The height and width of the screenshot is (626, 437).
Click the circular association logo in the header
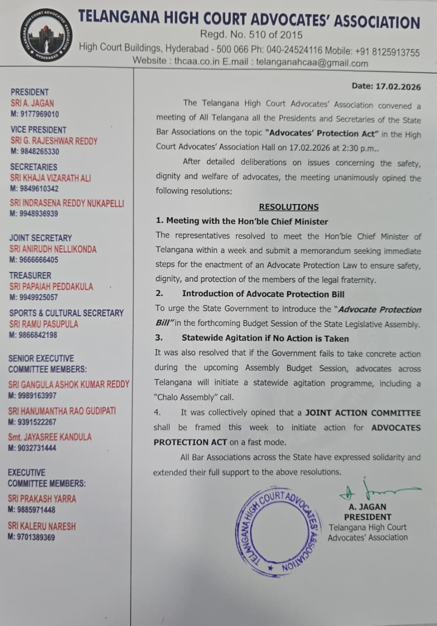coord(46,35)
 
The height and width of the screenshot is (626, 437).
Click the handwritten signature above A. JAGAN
coord(377,490)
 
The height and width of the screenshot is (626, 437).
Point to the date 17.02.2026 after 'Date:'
coord(398,87)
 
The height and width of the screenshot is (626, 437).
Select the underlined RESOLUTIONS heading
coord(289,207)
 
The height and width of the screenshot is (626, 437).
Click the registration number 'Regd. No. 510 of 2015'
coord(251,35)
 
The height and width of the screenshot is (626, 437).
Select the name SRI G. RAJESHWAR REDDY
coord(54,141)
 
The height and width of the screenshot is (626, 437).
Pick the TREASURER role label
coord(30,275)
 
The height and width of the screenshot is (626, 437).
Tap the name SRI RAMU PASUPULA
coord(44,324)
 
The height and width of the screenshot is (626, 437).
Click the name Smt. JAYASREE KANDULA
coord(49,437)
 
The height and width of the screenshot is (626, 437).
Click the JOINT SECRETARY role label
coord(41,238)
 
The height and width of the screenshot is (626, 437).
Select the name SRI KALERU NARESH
coord(42,526)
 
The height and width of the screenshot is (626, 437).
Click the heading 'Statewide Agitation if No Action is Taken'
coord(265,338)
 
